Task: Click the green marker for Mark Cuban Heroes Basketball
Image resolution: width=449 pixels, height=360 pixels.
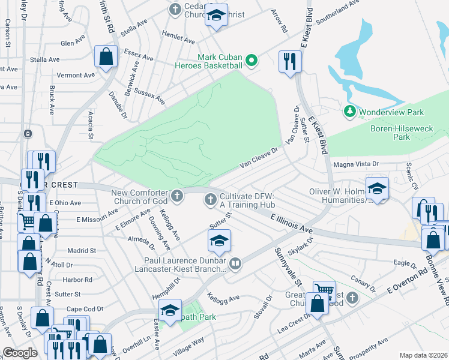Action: coord(252,60)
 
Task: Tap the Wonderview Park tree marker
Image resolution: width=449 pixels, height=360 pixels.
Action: coord(350,112)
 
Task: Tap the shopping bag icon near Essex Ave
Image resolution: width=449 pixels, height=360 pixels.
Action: coord(106,57)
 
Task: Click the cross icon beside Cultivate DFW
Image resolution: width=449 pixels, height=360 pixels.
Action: coord(211,200)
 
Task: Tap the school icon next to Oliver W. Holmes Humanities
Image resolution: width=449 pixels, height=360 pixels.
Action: coord(376,188)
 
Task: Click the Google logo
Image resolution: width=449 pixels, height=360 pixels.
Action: coord(20,353)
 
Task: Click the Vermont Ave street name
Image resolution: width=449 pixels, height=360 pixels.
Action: coord(76,76)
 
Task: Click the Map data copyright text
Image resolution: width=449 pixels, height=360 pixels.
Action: coord(422,355)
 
